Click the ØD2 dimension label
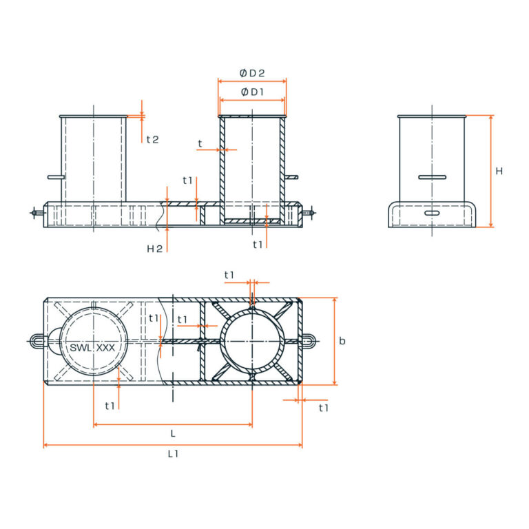252,73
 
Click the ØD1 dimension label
252,92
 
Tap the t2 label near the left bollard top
152,139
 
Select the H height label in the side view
499,171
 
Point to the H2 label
155,249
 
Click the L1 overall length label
173,454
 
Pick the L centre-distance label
173,433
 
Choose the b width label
343,341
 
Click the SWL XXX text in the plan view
92,348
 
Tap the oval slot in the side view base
432,214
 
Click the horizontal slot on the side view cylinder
432,177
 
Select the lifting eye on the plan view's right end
310,340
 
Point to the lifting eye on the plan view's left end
37,340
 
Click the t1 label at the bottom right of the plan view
324,408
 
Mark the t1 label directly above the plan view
230,275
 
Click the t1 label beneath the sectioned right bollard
258,245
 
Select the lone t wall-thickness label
200,144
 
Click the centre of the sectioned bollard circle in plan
252,341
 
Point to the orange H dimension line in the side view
491,171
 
